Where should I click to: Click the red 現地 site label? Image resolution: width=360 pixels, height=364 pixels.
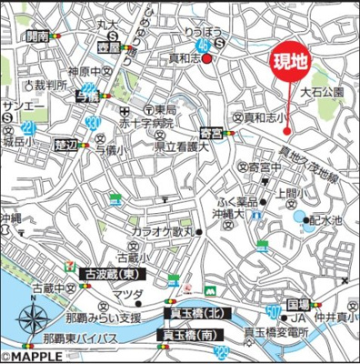pyautogui.click(x=293, y=61)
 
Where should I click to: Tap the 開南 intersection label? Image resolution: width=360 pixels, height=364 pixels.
pyautogui.click(x=37, y=36)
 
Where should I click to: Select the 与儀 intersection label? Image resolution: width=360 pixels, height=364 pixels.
pyautogui.click(x=87, y=94)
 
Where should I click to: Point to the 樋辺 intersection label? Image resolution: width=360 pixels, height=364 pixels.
pyautogui.click(x=67, y=143)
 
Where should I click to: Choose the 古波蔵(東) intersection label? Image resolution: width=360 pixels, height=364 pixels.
pyautogui.click(x=109, y=273)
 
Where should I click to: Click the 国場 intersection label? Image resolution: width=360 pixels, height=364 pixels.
pyautogui.click(x=300, y=303)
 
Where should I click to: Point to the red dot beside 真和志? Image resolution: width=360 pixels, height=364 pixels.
pyautogui.click(x=207, y=59)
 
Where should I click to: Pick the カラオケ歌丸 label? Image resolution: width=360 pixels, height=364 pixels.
pyautogui.click(x=163, y=233)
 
